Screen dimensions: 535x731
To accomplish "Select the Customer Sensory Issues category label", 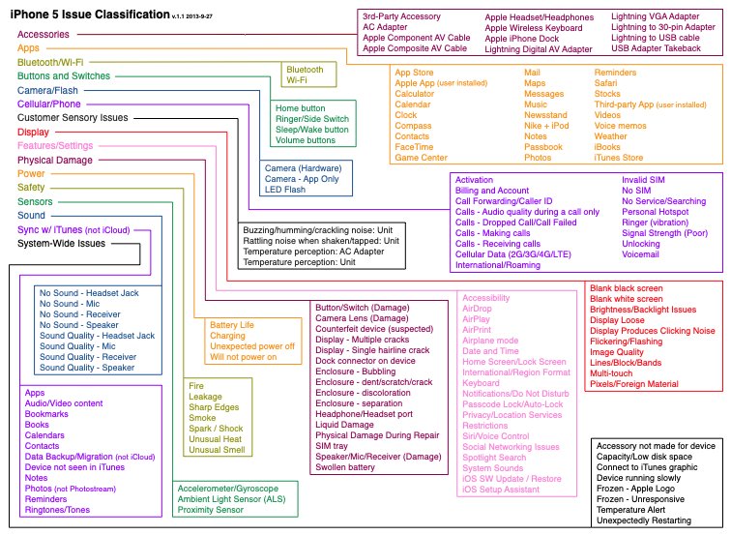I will pos(73,117).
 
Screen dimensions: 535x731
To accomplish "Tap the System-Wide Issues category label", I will pos(61,244).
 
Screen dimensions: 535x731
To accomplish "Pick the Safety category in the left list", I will pos(31,188).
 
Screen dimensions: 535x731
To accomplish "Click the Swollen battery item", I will pos(345,467).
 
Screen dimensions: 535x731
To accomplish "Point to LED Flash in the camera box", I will pos(285,190).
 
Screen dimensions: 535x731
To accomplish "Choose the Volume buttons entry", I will pos(305,140).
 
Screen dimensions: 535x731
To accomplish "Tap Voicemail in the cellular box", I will pos(640,254).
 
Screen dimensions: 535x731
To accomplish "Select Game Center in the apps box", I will pos(421,158).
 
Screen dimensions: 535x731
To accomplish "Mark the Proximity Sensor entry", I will pos(210,510).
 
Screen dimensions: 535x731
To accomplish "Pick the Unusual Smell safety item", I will pos(217,450).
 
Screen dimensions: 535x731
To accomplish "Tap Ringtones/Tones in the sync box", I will pos(57,510).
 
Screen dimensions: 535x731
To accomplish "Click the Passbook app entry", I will pos(543,147).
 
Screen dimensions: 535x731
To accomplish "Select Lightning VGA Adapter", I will pos(656,16).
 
